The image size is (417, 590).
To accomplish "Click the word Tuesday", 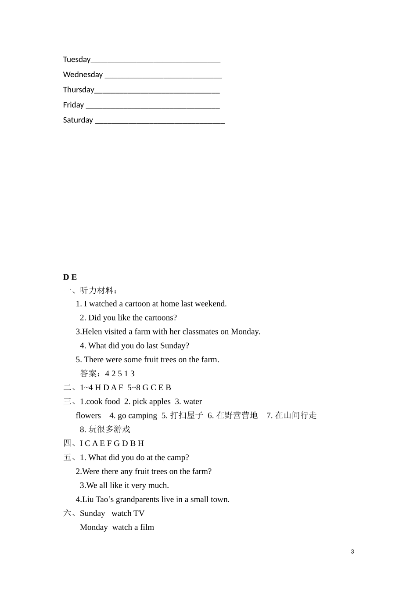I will click(x=77, y=60).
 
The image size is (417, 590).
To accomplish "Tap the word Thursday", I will click(x=79, y=90).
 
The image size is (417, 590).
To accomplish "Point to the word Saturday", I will click(x=78, y=120).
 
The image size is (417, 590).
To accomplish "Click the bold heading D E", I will click(x=70, y=277).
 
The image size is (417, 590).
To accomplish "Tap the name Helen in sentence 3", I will click(x=92, y=332).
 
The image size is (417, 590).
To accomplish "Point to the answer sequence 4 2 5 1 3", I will click(x=120, y=374).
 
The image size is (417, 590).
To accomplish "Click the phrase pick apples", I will click(x=151, y=402).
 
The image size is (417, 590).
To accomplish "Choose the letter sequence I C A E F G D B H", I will click(x=112, y=443).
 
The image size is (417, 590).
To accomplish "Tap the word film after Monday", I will click(x=147, y=528).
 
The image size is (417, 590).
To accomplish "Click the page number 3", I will click(x=352, y=552).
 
